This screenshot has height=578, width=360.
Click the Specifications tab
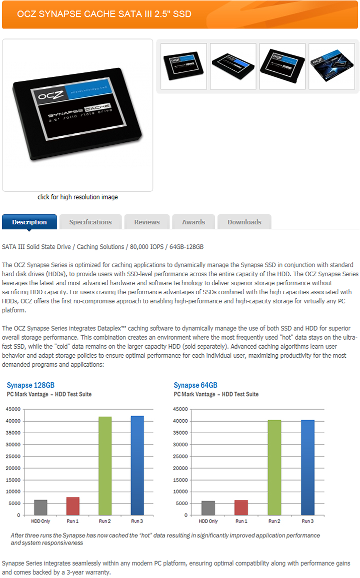[x=90, y=222]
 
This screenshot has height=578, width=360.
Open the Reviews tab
[x=147, y=222]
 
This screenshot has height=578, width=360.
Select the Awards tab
[x=193, y=222]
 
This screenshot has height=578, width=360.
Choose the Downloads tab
[x=244, y=222]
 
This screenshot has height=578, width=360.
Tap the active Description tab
[x=29, y=222]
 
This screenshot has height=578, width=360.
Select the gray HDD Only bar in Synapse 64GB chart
[x=208, y=508]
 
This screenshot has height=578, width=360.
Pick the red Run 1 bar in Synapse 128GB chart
[x=73, y=506]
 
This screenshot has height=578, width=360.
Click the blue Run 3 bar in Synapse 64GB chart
[x=307, y=467]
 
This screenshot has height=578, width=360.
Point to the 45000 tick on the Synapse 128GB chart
[x=13, y=409]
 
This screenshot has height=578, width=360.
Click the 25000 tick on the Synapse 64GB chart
[x=180, y=456]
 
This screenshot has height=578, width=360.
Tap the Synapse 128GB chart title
[x=30, y=385]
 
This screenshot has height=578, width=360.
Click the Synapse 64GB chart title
[x=195, y=385]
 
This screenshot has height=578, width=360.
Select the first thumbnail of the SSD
[x=183, y=66]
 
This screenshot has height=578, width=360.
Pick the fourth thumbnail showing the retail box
[x=331, y=66]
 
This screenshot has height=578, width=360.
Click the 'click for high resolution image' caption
[x=77, y=197]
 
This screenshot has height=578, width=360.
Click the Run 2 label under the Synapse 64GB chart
[x=274, y=521]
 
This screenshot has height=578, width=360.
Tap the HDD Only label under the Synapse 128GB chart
[x=41, y=521]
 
